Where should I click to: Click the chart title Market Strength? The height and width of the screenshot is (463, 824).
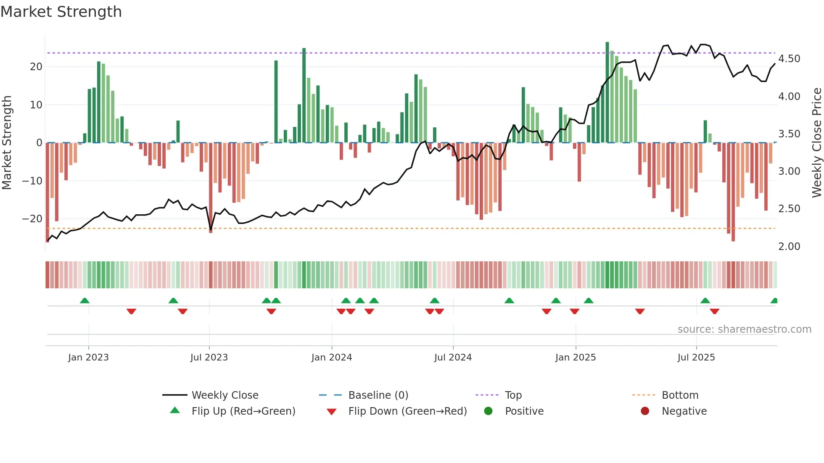click(x=61, y=12)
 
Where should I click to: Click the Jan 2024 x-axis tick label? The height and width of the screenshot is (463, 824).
click(x=331, y=358)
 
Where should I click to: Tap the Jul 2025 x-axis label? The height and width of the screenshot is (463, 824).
click(x=696, y=358)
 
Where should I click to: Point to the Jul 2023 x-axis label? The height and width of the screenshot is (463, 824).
click(x=209, y=358)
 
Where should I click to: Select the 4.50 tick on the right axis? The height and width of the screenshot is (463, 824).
click(x=789, y=59)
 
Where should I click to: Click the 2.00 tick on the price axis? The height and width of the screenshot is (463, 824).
click(x=789, y=247)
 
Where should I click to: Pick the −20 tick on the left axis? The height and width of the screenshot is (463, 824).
click(x=32, y=219)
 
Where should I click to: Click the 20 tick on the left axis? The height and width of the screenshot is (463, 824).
click(x=36, y=67)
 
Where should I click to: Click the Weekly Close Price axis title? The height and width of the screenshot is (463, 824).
click(x=816, y=143)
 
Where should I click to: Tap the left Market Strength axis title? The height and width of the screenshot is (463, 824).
click(x=7, y=143)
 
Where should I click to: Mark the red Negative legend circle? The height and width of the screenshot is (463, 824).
click(x=644, y=411)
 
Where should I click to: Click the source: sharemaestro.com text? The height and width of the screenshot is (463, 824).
click(x=744, y=329)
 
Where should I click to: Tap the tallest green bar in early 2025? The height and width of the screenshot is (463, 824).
click(x=607, y=92)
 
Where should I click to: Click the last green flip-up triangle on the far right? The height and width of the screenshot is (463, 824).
click(x=774, y=301)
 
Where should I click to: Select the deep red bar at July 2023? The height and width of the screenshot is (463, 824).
click(x=211, y=187)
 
